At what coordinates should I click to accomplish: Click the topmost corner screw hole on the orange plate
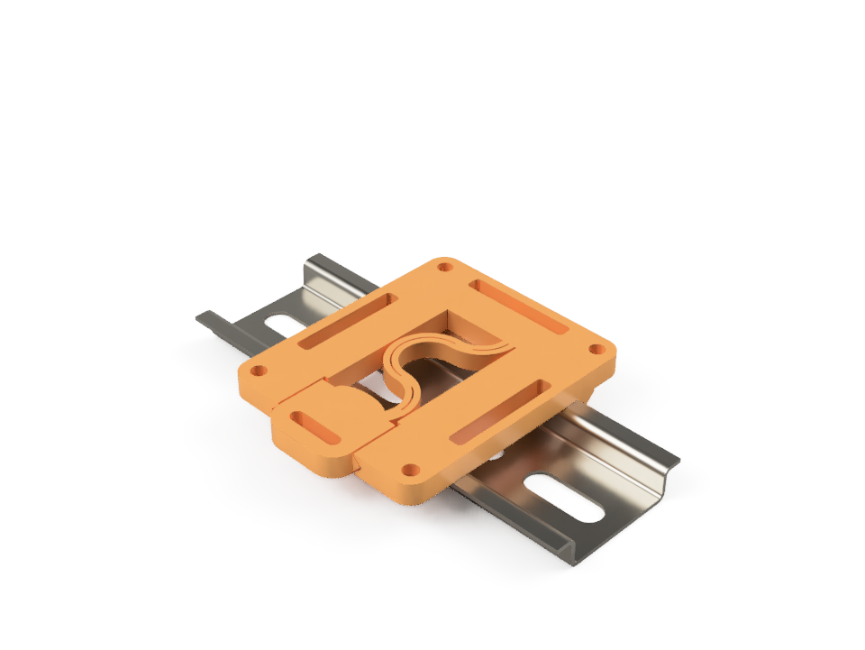tap(443, 266)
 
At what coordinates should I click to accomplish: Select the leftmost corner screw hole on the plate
tap(258, 370)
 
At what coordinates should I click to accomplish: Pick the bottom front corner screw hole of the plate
tap(410, 469)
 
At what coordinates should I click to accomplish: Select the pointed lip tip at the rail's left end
tap(199, 316)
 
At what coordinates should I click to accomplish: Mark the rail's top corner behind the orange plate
tap(312, 258)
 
